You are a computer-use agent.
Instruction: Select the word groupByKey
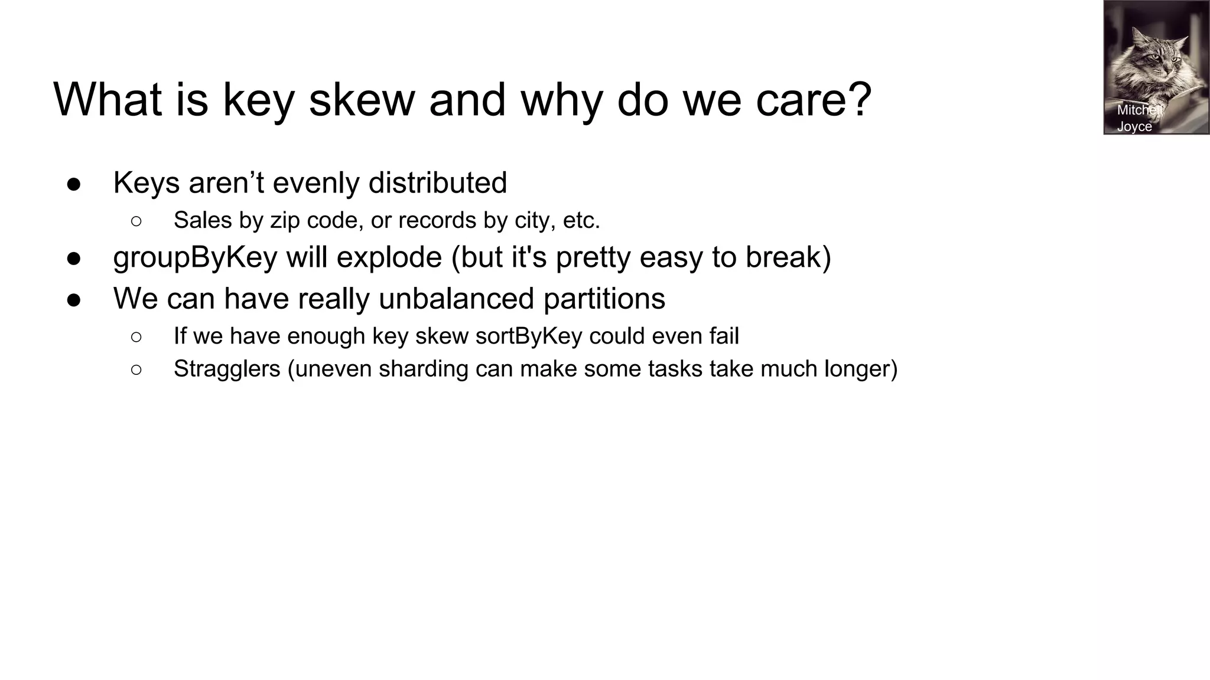point(195,257)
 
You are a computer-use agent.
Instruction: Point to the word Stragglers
point(227,369)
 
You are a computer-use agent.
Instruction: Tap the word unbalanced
point(456,299)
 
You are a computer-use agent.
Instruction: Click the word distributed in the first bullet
point(437,183)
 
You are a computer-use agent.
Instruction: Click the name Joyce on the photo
point(1134,126)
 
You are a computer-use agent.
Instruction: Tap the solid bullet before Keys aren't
point(74,184)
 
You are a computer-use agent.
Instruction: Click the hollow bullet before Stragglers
point(136,370)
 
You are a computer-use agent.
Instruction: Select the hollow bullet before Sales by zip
point(136,221)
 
